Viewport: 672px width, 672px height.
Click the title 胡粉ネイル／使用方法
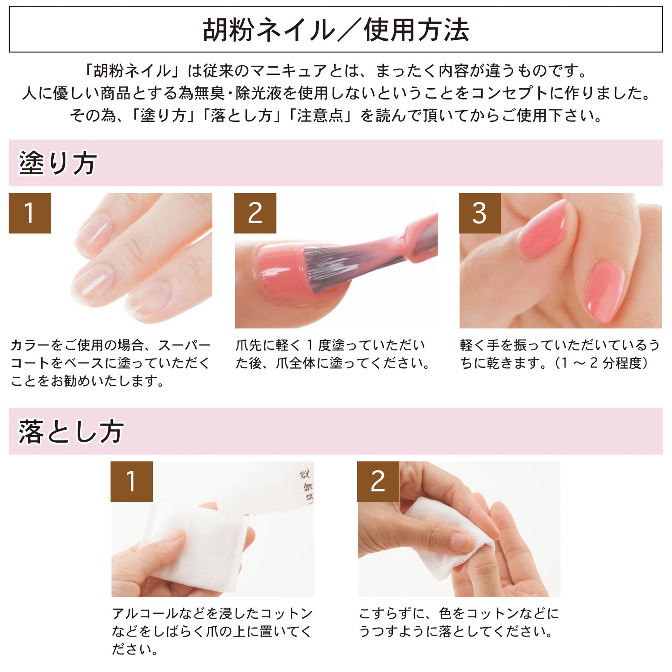click(336, 30)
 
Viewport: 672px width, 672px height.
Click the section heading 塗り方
click(57, 163)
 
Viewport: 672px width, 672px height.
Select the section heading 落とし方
click(71, 431)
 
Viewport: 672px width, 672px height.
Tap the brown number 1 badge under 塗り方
click(30, 213)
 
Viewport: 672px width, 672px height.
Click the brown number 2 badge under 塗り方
click(255, 213)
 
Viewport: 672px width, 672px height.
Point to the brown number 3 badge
click(480, 213)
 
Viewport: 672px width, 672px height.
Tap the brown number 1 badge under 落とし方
click(132, 482)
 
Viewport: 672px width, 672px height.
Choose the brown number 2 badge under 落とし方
click(378, 482)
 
